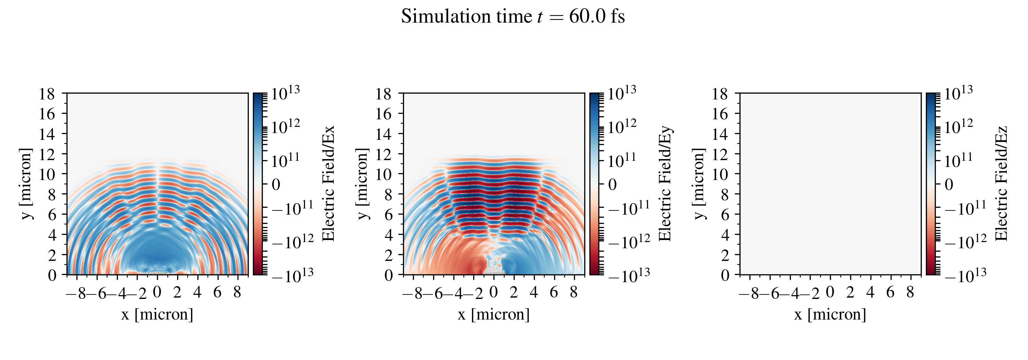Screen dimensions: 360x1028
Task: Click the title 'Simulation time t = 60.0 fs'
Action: (x=513, y=17)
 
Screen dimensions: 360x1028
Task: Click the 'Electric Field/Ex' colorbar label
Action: (x=328, y=183)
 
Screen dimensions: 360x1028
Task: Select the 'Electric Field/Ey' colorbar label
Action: (x=665, y=183)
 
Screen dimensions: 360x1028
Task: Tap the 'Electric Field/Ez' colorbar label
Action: (x=1001, y=183)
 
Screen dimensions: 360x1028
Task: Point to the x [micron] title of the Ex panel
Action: (x=157, y=314)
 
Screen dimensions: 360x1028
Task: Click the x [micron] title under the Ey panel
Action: (x=494, y=314)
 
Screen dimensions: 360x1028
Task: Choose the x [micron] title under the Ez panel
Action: (x=830, y=314)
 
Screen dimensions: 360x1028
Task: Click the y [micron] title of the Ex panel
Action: (x=26, y=183)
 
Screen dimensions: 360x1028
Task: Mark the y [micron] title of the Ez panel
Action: (x=699, y=183)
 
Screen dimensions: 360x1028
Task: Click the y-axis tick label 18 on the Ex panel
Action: (x=47, y=94)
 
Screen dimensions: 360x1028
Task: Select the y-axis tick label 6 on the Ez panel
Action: (x=725, y=215)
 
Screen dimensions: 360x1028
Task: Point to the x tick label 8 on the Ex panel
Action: (x=237, y=292)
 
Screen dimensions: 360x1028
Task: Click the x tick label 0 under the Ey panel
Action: (x=494, y=292)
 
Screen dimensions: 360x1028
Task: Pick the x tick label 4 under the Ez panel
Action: (x=870, y=292)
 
